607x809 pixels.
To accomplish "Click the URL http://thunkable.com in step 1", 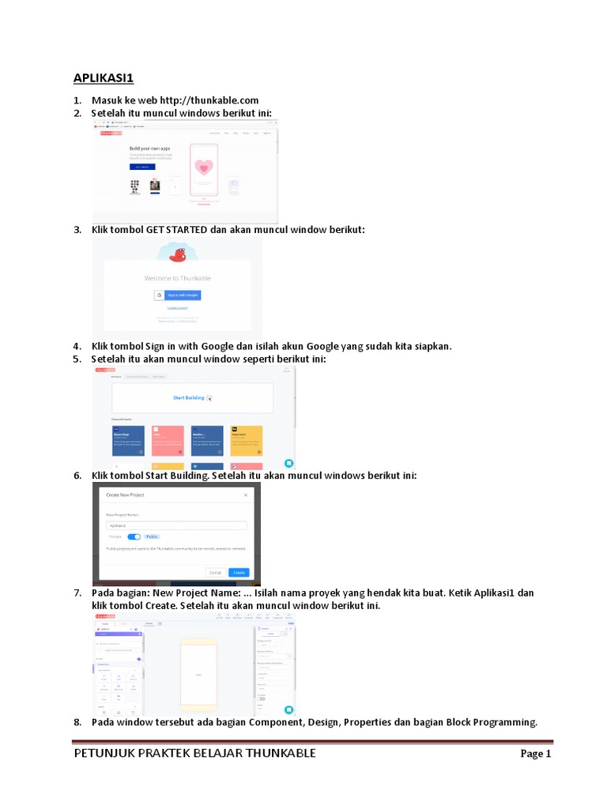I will tap(209, 100).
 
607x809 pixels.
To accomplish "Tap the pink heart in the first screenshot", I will tap(204, 167).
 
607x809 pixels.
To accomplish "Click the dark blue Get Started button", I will tap(142, 167).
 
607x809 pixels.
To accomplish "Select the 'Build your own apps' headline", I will tap(150, 149).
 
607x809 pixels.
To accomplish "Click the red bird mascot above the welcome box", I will tap(179, 254).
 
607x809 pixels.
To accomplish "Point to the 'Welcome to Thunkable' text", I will tap(177, 278).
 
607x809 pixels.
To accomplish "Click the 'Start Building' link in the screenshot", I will tap(190, 397).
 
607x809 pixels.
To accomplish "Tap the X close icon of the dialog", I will tap(246, 495).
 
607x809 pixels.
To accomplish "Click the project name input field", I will tap(176, 525).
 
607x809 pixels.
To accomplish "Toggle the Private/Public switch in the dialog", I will tap(134, 536).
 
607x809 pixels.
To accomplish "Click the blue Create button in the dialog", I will tap(239, 572).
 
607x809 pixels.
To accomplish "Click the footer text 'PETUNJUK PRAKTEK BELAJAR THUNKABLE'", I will tap(194, 753).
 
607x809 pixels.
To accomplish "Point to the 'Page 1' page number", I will tap(535, 754).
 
